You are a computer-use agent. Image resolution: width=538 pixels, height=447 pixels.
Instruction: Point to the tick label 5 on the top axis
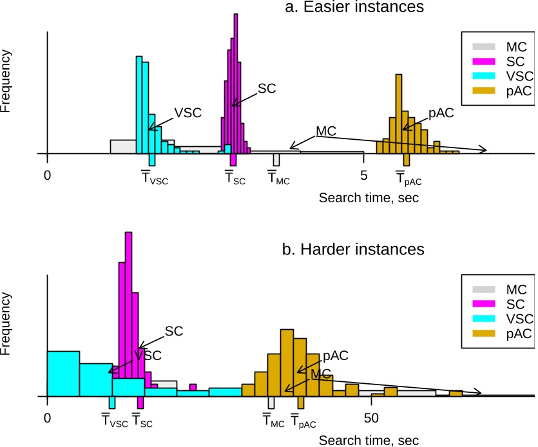[363, 175]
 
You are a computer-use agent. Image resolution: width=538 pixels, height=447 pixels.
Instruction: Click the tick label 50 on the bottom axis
[370, 418]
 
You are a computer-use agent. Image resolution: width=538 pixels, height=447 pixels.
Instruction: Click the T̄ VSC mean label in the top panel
[154, 178]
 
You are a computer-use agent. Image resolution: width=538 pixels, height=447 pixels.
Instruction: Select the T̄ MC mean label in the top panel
[279, 178]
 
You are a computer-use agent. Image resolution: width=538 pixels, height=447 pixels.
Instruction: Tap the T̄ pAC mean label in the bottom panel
[303, 422]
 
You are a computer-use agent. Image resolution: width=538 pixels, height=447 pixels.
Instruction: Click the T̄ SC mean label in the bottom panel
[143, 422]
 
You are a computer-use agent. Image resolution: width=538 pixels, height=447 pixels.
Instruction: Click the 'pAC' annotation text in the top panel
[441, 113]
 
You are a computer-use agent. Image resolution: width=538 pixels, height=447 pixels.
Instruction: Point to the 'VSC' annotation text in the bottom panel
[148, 355]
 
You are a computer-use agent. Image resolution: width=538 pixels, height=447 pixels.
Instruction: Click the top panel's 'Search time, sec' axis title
[369, 198]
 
